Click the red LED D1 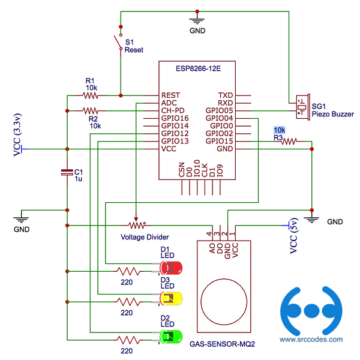click(x=172, y=267)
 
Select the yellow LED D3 click(x=172, y=298)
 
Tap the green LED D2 click(x=172, y=335)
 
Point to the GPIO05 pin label click(x=219, y=111)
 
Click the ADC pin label click(x=169, y=103)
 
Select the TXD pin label click(x=226, y=95)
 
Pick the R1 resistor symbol click(x=91, y=95)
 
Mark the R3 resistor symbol click(x=289, y=142)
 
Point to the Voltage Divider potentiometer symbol click(x=137, y=225)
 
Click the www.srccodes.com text click(x=312, y=339)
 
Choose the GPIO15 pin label click(x=219, y=141)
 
